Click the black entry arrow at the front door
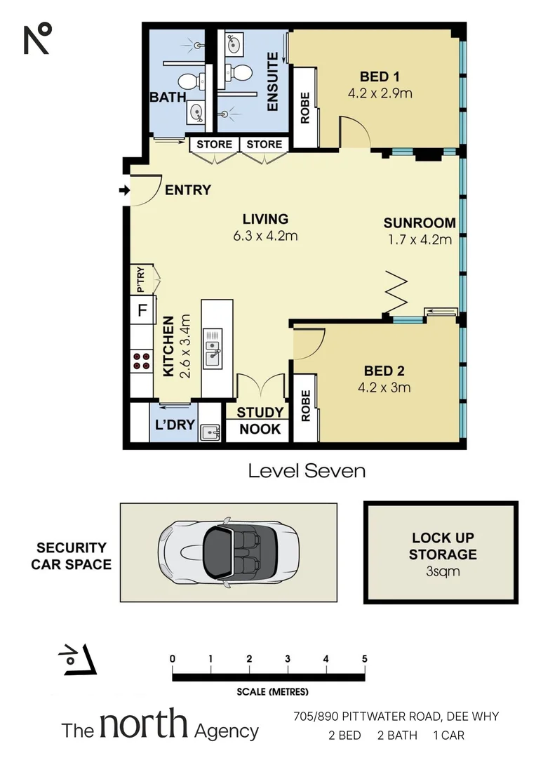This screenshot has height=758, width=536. (125, 190)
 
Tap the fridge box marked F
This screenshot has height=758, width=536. (142, 310)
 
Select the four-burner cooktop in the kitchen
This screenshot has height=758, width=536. (141, 361)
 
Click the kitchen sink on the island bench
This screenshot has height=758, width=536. (213, 349)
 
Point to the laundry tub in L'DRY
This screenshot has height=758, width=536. (209, 431)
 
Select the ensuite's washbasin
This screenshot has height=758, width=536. (232, 44)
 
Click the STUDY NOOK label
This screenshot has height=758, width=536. (259, 420)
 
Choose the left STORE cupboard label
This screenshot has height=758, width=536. (214, 145)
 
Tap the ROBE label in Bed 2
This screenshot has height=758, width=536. (305, 407)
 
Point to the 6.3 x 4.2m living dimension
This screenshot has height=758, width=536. (265, 236)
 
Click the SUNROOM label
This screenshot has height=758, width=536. (420, 223)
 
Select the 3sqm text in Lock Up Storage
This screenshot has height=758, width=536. (443, 571)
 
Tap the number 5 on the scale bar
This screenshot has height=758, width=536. (364, 658)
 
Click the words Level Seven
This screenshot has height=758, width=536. (307, 471)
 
